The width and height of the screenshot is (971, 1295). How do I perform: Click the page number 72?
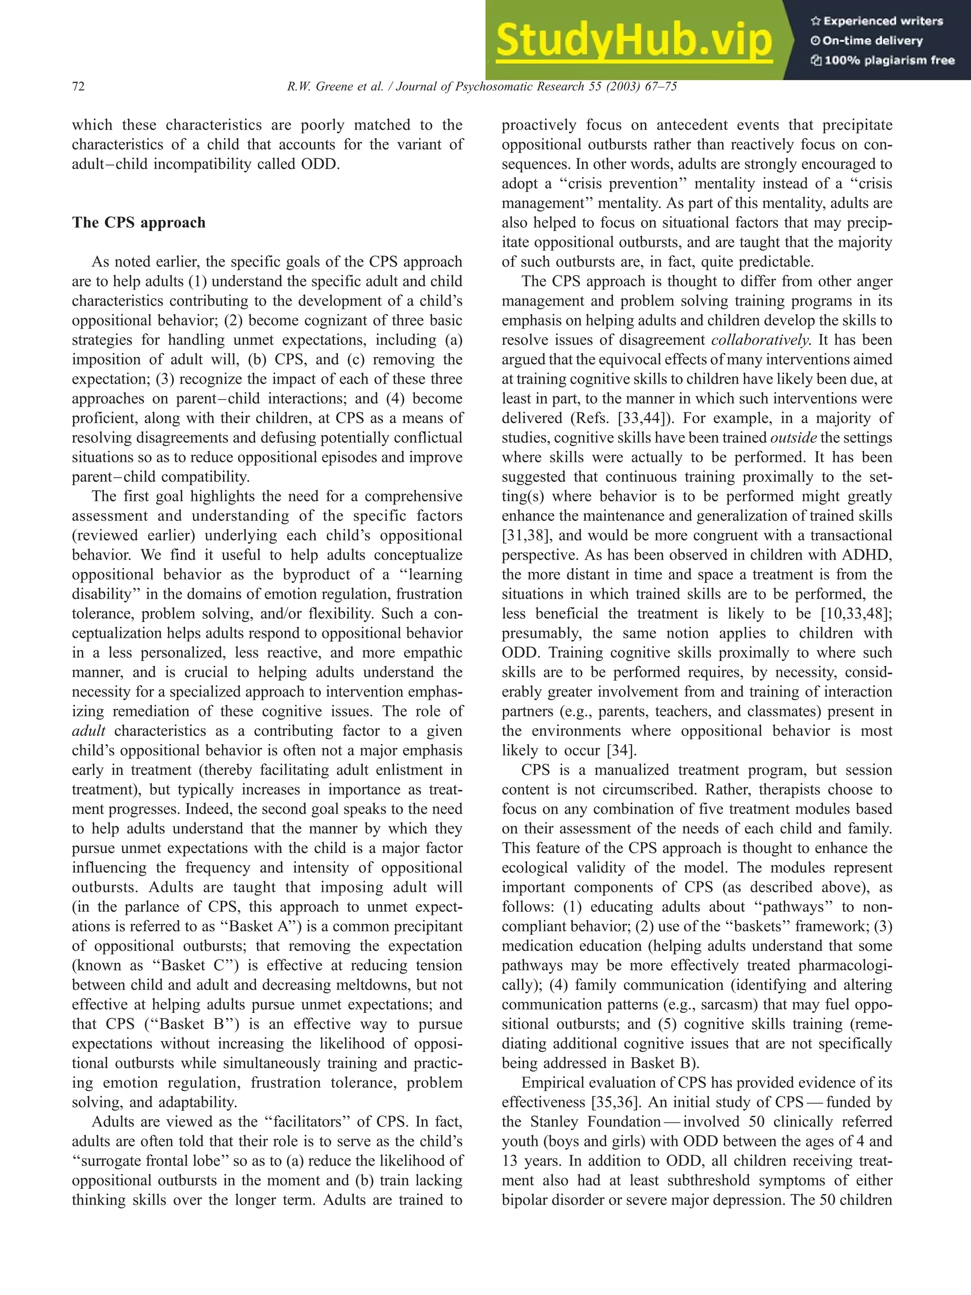click(78, 87)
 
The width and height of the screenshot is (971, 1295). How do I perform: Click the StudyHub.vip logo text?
click(633, 40)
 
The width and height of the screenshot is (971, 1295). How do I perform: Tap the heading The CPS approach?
click(139, 222)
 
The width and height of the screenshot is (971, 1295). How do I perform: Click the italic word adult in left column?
click(88, 731)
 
